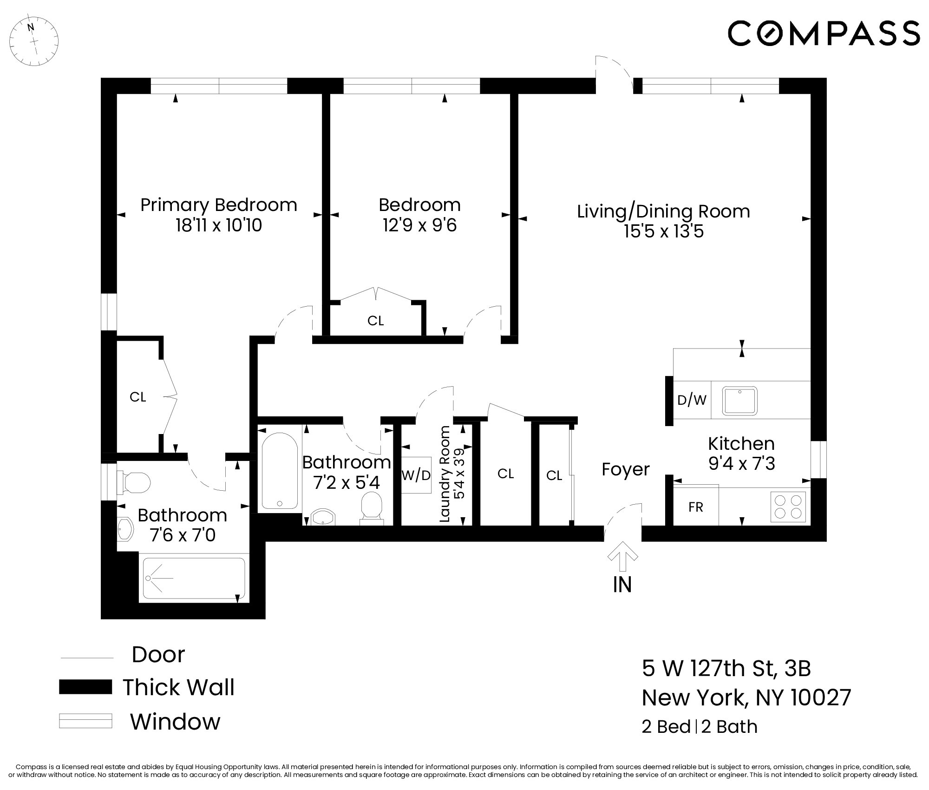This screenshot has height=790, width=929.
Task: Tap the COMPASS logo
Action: (824, 33)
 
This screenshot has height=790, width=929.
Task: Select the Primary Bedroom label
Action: (219, 205)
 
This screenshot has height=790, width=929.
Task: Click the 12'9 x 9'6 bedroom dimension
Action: (420, 225)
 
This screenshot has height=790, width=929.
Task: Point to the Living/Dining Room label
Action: (663, 211)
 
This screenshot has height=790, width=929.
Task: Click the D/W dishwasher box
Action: (692, 400)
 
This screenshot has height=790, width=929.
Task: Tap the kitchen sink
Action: (739, 401)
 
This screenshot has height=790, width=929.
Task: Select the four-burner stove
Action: (788, 506)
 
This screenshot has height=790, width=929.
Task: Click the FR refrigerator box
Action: (695, 507)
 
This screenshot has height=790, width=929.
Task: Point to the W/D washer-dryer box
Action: (416, 475)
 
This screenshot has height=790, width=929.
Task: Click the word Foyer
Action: (625, 469)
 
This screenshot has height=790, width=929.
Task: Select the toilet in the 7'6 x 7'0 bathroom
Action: (135, 482)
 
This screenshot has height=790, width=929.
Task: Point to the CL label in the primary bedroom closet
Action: (138, 397)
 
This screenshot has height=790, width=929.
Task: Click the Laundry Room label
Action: (445, 474)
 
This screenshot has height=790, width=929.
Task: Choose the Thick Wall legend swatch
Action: (85, 687)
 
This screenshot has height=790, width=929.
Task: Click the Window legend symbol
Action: (85, 721)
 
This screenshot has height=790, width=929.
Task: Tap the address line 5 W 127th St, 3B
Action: (726, 668)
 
